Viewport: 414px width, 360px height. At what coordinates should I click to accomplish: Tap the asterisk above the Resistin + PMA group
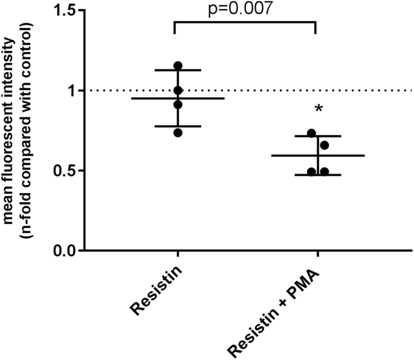click(x=317, y=110)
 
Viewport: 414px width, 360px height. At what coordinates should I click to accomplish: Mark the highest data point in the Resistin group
click(x=178, y=65)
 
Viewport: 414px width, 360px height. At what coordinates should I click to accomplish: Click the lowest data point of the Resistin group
click(x=178, y=133)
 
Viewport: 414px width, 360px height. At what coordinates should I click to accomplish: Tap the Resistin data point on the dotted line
click(x=178, y=91)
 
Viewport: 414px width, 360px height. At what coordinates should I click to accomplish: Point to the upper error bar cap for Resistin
click(x=178, y=70)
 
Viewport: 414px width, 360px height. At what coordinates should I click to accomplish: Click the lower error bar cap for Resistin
click(x=178, y=126)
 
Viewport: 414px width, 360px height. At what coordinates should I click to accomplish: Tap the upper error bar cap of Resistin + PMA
click(x=317, y=136)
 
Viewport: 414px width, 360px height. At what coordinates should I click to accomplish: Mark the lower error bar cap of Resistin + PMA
click(x=317, y=175)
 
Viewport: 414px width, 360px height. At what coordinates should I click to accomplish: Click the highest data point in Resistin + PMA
click(x=311, y=133)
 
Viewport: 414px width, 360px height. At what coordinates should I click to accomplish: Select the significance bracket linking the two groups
click(x=245, y=24)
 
